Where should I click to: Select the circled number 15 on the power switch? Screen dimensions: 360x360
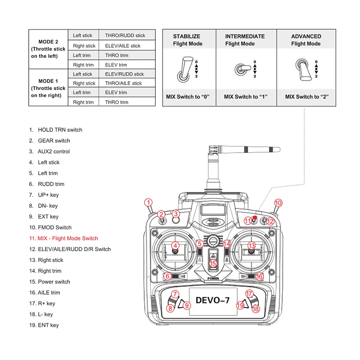(x=213, y=264)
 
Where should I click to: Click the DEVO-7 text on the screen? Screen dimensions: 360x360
(x=212, y=300)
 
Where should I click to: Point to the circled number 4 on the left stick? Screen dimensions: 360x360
(x=175, y=246)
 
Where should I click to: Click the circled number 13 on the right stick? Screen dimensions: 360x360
(x=251, y=246)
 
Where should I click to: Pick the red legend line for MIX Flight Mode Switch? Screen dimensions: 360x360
(x=64, y=238)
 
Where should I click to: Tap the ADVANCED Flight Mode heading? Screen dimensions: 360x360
(x=306, y=40)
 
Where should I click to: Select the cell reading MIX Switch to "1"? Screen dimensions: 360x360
(x=246, y=97)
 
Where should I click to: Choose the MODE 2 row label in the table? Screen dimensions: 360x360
(x=48, y=49)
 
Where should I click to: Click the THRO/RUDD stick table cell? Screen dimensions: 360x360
(x=125, y=35)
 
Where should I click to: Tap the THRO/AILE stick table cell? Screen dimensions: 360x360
(x=123, y=83)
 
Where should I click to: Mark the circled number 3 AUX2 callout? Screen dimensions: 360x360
(x=176, y=214)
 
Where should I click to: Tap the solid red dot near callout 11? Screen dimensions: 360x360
(x=255, y=217)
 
